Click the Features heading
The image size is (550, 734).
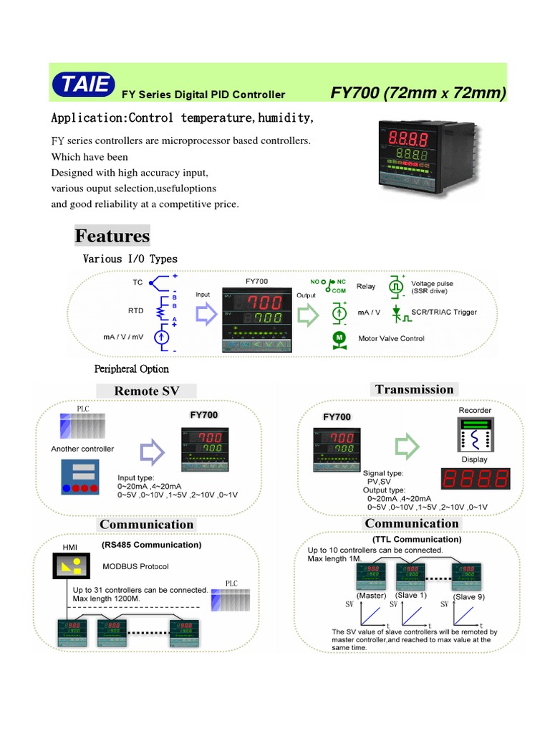pos(112,236)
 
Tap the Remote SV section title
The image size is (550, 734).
pos(146,391)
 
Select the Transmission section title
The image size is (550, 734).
pos(414,389)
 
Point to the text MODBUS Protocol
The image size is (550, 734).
pos(135,566)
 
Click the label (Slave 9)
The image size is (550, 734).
pos(470,596)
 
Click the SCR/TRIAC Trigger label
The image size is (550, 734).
pos(444,313)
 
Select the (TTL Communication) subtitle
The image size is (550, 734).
pos(417,539)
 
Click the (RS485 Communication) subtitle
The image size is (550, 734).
pos(151,545)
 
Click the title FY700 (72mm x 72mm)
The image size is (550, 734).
pos(418,93)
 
